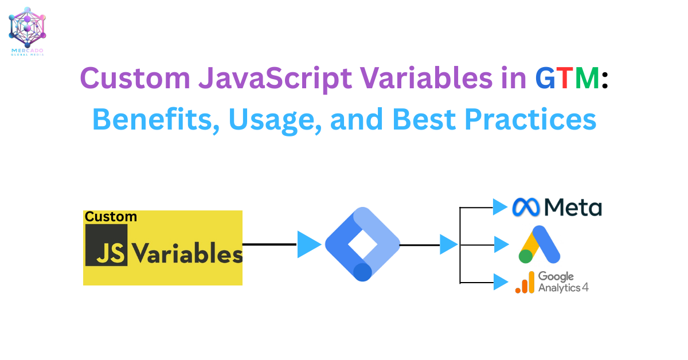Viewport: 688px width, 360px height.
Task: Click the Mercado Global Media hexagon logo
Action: click(x=27, y=27)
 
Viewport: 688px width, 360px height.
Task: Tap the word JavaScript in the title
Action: click(x=275, y=80)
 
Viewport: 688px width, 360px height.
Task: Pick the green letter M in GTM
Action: click(x=587, y=78)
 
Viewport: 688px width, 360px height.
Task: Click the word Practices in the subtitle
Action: click(x=530, y=119)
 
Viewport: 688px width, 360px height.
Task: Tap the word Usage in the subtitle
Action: click(x=275, y=122)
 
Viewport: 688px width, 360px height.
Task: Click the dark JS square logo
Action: click(x=106, y=245)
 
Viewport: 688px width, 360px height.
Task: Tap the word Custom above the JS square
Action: click(x=111, y=217)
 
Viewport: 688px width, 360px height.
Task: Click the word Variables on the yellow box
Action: click(x=187, y=253)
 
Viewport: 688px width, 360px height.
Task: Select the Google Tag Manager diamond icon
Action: click(x=362, y=244)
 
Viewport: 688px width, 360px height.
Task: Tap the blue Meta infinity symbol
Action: click(x=526, y=207)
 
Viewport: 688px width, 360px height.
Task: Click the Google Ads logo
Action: click(x=540, y=245)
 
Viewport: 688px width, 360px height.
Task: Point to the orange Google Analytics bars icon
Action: click(x=525, y=282)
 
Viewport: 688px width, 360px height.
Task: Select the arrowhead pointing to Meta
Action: click(x=500, y=207)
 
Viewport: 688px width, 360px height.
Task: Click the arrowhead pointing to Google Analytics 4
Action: click(x=501, y=282)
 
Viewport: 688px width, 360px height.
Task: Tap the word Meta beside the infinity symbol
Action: click(x=573, y=208)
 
